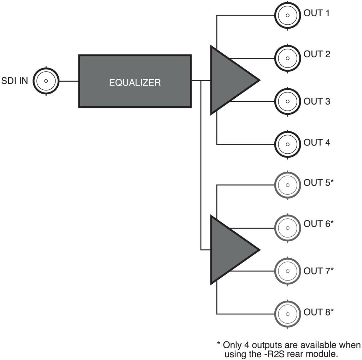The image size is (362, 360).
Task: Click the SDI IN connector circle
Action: tap(46, 81)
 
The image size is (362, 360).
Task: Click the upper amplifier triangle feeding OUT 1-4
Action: tap(230, 80)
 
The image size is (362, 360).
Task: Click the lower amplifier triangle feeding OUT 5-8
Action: tap(230, 250)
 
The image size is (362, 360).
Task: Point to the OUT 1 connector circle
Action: tap(288, 15)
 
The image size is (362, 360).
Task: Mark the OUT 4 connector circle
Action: tap(288, 144)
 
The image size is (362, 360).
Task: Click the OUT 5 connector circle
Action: tap(288, 184)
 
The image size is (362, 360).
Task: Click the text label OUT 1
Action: tap(317, 13)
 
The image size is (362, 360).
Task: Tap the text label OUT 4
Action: tap(317, 143)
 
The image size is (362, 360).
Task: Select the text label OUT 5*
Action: tap(319, 183)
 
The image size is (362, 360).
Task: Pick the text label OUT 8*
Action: tap(319, 312)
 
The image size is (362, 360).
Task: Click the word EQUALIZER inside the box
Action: tap(135, 83)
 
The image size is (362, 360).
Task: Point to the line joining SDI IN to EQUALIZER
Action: tap(69, 81)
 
